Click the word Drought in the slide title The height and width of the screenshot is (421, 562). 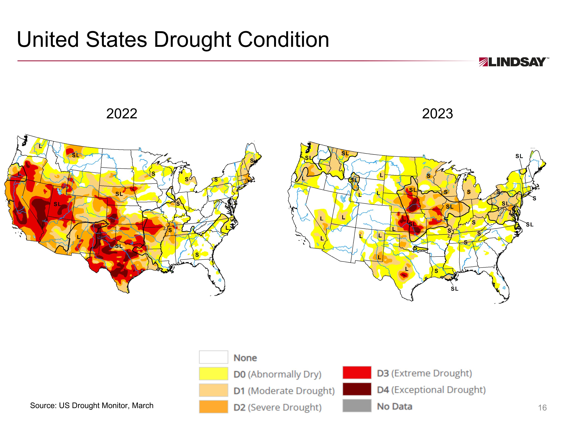[192, 40]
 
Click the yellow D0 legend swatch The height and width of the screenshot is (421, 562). [213, 374]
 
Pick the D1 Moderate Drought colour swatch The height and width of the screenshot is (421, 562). [213, 390]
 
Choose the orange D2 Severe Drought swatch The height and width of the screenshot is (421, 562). [213, 407]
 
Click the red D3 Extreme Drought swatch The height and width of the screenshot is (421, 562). [357, 373]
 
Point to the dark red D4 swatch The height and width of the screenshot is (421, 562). [357, 389]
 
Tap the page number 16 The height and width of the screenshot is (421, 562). [542, 408]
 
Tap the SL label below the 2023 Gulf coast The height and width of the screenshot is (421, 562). [454, 289]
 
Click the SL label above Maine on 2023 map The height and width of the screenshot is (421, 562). [519, 156]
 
